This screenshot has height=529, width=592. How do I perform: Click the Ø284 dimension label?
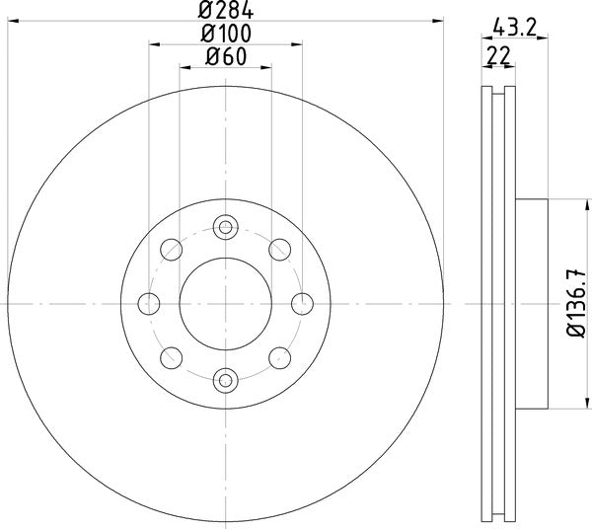tap(225, 12)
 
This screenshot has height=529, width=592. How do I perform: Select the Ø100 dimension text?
tap(225, 36)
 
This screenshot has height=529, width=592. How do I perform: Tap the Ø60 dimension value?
tap(225, 58)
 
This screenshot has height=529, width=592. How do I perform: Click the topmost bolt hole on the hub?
tap(225, 229)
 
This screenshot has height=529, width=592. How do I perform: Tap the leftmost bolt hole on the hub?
tap(150, 302)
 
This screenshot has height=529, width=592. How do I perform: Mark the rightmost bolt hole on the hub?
tap(301, 302)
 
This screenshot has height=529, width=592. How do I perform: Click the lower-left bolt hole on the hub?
tap(172, 356)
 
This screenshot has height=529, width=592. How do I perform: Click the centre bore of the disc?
tap(225, 302)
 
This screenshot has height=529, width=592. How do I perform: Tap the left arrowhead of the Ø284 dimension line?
tap(12, 22)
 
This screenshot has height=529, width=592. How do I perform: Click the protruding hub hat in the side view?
tap(532, 302)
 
